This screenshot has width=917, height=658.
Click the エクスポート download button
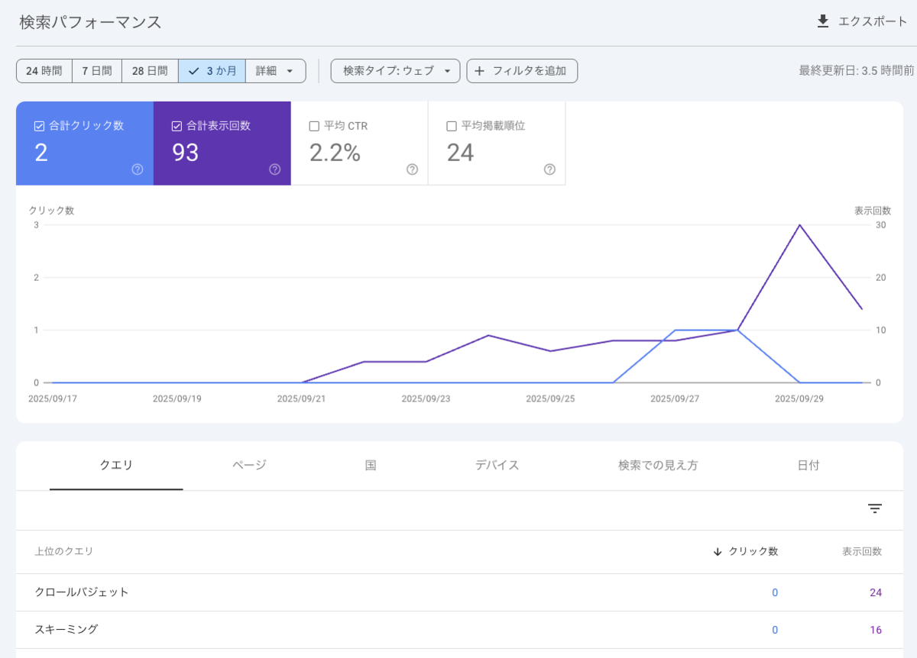862,21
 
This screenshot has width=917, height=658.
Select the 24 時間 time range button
44,71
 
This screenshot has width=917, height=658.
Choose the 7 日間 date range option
97,71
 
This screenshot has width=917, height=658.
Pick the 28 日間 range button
150,71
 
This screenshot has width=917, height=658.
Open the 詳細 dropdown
276,71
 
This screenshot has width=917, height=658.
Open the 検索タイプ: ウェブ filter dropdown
395,71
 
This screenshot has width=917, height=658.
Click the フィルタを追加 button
522,71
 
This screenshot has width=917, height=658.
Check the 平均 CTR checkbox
314,126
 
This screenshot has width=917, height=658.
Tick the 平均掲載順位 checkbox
451,126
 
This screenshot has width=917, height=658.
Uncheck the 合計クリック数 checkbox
39,126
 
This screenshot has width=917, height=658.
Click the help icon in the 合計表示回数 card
274,169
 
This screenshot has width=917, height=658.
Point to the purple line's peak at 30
799,225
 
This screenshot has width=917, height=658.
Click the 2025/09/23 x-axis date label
426,398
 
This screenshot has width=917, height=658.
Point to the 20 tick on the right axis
880,278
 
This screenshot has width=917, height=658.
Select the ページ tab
249,465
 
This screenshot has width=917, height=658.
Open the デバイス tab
497,465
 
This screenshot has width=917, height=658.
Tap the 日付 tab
808,465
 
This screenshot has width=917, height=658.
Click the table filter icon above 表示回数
875,508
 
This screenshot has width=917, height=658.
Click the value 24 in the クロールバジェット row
876,592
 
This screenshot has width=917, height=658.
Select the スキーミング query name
66,629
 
